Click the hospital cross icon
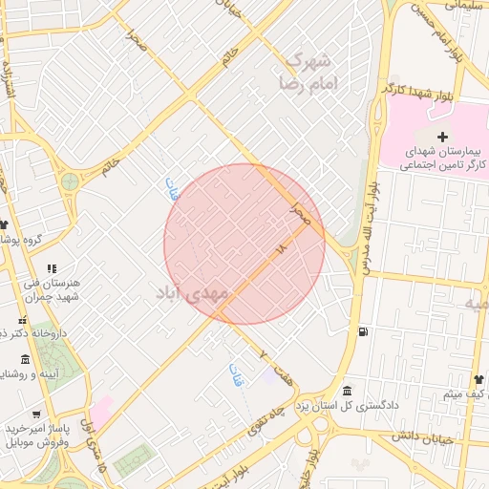(441, 138)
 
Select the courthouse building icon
(346, 391)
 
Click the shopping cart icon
(35, 415)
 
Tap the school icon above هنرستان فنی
(52, 268)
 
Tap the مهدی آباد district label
(192, 293)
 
